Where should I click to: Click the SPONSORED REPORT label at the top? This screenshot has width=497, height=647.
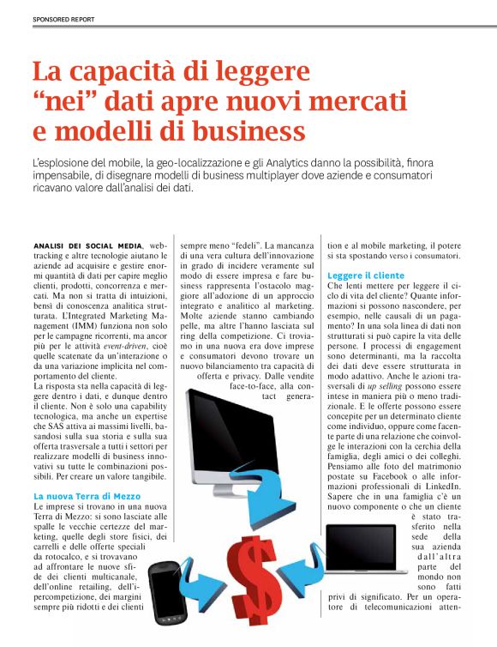[64, 18]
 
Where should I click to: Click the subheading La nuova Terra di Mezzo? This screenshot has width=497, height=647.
[87, 496]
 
